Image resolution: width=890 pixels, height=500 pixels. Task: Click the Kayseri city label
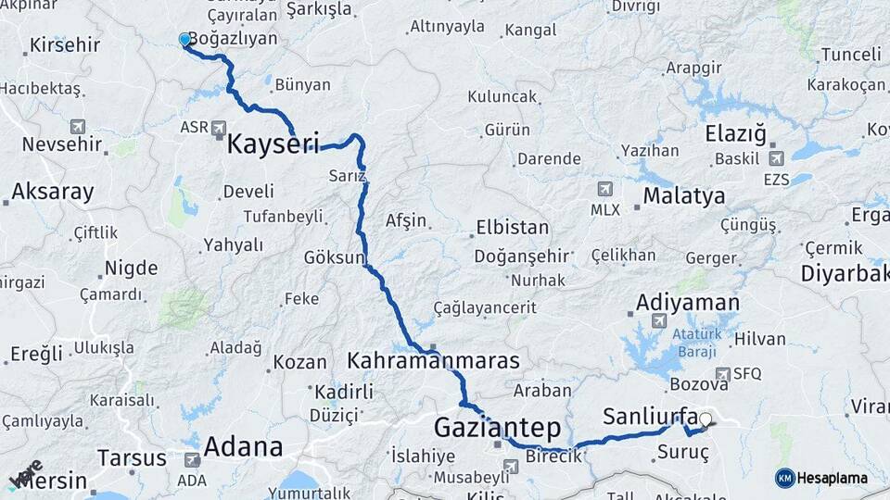click(x=273, y=144)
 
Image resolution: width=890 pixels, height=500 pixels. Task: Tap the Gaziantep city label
click(x=497, y=428)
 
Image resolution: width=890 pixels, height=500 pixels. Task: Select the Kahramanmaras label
click(x=433, y=360)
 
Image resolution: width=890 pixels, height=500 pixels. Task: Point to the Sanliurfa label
click(x=649, y=415)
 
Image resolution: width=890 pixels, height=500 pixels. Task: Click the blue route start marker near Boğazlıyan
click(x=184, y=40)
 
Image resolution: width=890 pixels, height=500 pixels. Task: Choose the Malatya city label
click(x=684, y=195)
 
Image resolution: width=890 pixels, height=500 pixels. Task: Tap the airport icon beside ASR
click(x=219, y=127)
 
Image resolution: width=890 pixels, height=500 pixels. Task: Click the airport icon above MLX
click(x=606, y=189)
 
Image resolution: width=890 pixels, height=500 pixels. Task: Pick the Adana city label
click(x=242, y=447)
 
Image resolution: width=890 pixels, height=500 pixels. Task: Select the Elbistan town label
click(x=512, y=227)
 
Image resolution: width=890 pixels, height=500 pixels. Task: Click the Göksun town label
click(x=335, y=257)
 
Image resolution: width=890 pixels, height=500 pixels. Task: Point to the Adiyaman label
click(x=687, y=303)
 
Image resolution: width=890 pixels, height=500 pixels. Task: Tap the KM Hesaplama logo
click(x=821, y=478)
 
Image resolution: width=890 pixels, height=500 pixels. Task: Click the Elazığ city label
click(x=736, y=133)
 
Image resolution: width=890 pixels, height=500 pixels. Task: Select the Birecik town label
click(x=553, y=456)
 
